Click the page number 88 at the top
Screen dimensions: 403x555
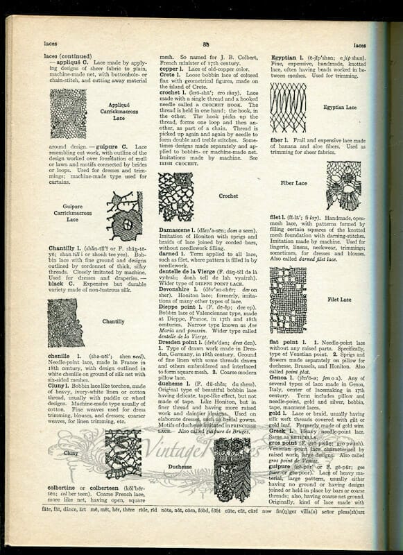pyautogui.click(x=206, y=44)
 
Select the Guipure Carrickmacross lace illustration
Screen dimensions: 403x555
pyautogui.click(x=125, y=216)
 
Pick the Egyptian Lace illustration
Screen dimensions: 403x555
pyautogui.click(x=288, y=108)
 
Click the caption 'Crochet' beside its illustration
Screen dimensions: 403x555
pyautogui.click(x=229, y=196)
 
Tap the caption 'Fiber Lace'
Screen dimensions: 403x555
pyautogui.click(x=294, y=183)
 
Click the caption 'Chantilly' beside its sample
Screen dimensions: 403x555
pyautogui.click(x=113, y=321)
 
